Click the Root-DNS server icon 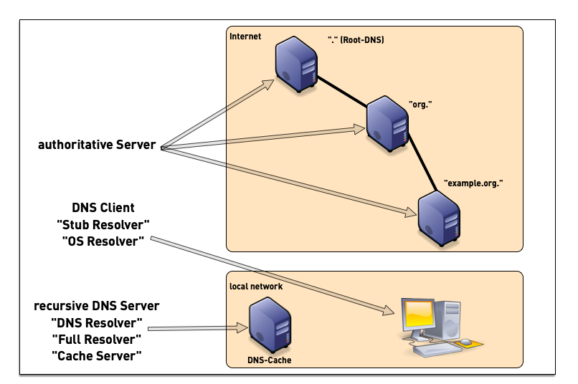pos(297,67)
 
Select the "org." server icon pos(388,125)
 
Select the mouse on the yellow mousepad pos(466,342)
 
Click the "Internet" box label pos(245,36)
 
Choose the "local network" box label pos(256,286)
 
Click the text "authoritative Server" pos(97,145)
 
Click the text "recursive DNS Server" pos(97,306)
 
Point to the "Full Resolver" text pos(97,339)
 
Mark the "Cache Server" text pos(97,355)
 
